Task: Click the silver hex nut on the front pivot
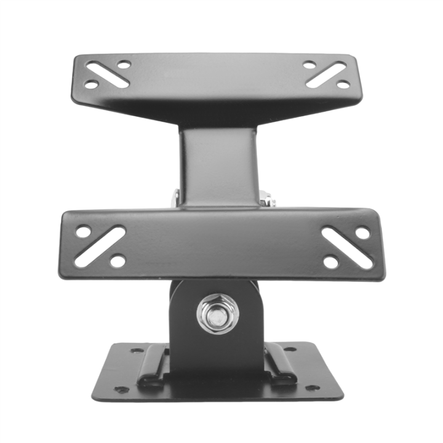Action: click(215, 314)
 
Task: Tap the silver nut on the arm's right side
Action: click(266, 198)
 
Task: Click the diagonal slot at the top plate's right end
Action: click(326, 74)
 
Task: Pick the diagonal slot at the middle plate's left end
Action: click(100, 246)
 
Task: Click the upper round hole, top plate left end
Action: click(124, 64)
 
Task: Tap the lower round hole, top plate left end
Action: click(91, 84)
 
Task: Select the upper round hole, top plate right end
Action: click(309, 65)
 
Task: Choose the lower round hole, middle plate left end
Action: click(118, 261)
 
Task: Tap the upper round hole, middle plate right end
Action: click(363, 233)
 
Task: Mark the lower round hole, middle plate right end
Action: click(330, 261)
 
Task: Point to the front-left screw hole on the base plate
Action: click(122, 389)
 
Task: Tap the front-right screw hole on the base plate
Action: click(312, 388)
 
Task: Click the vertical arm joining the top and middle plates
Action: click(218, 166)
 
